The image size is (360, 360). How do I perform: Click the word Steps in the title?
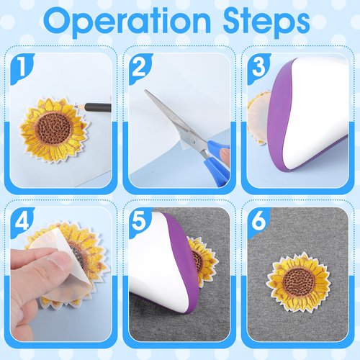pos(266,22)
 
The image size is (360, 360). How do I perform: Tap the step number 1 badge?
pos(22,68)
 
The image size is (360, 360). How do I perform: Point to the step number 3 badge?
pos(258,68)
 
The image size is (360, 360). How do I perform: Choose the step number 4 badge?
pos(22,222)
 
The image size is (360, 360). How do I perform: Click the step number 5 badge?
pos(139,222)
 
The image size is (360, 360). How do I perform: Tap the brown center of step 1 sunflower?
pos(52,127)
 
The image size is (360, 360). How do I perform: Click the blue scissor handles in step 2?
pos(215,161)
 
